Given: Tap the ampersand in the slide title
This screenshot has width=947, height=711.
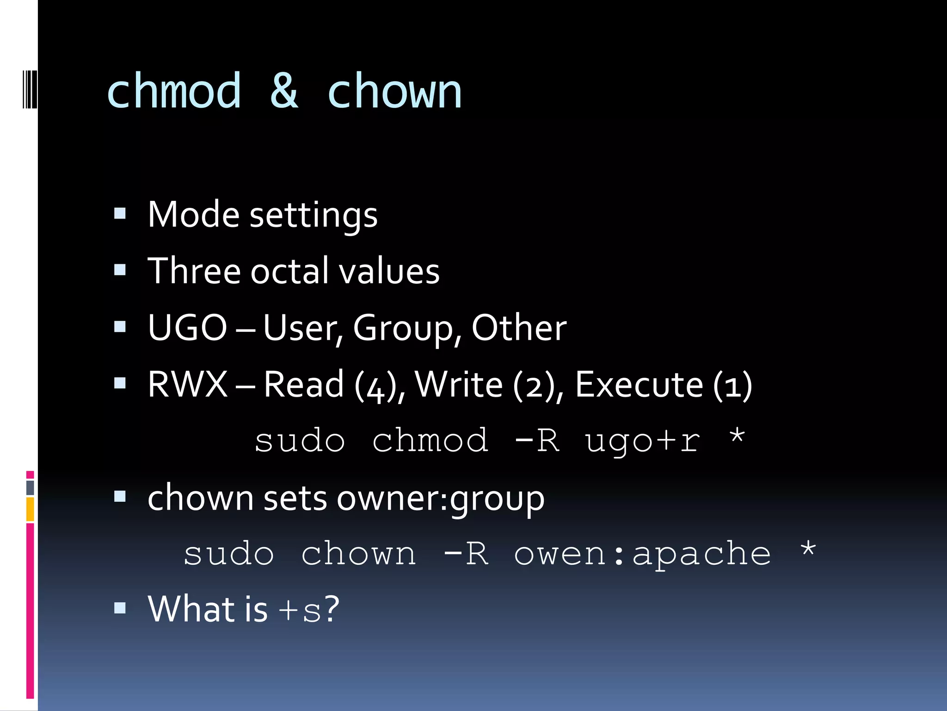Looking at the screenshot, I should pyautogui.click(x=284, y=92).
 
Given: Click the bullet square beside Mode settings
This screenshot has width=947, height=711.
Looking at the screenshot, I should pyautogui.click(x=120, y=213).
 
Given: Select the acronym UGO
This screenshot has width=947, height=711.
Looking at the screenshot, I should pyautogui.click(x=187, y=328).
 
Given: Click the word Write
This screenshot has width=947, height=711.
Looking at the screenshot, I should pyautogui.click(x=458, y=385).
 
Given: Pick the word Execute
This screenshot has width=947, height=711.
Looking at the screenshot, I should pyautogui.click(x=639, y=385).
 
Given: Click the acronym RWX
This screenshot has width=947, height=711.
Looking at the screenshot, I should pyautogui.click(x=187, y=385).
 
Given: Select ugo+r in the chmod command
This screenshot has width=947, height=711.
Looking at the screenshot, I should pyautogui.click(x=643, y=441).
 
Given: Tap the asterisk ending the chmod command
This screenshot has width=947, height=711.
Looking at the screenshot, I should pyautogui.click(x=737, y=437).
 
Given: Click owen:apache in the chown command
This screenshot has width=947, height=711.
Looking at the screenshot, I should pyautogui.click(x=643, y=554).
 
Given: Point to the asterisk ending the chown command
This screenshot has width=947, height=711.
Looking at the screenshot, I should pyautogui.click(x=808, y=549).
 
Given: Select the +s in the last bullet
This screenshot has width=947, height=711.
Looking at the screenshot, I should pyautogui.click(x=300, y=610).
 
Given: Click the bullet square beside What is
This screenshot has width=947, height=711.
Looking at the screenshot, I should pyautogui.click(x=120, y=607).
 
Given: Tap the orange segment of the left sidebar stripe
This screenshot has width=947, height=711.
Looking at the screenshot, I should pyautogui.click(x=30, y=509).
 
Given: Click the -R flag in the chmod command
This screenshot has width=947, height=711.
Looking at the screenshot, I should pyautogui.click(x=537, y=440).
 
